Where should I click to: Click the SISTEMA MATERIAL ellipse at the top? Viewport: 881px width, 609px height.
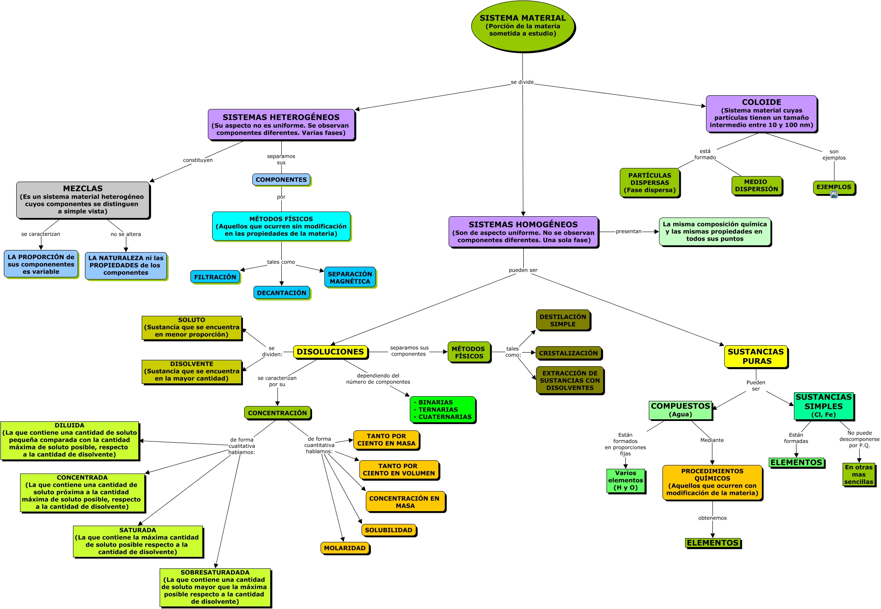523,26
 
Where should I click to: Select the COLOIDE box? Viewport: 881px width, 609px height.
761,114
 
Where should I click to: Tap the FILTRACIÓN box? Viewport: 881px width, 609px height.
215,277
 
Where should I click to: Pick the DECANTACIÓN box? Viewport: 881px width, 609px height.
282,293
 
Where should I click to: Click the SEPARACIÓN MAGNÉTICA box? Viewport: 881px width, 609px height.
350,277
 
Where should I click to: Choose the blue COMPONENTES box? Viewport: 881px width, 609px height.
281,179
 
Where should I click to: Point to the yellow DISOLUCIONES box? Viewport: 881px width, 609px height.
330,352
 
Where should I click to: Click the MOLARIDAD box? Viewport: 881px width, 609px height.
344,548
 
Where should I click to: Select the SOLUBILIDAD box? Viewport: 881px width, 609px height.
388,530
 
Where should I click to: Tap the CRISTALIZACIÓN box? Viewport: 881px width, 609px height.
568,353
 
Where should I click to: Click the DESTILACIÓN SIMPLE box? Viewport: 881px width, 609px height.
563,320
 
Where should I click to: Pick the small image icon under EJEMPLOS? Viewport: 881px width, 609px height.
834,195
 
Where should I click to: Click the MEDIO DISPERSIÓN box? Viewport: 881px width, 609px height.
756,185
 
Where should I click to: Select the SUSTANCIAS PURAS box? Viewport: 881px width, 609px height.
756,356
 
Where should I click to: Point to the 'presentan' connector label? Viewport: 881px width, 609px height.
628,232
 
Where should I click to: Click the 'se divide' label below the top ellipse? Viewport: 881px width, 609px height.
522,82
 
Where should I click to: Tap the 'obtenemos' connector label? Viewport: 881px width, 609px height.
712,518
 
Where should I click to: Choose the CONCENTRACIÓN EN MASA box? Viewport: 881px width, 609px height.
405,502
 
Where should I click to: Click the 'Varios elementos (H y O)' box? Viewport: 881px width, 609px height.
625,480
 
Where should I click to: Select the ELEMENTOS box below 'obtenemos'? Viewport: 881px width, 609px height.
712,543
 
